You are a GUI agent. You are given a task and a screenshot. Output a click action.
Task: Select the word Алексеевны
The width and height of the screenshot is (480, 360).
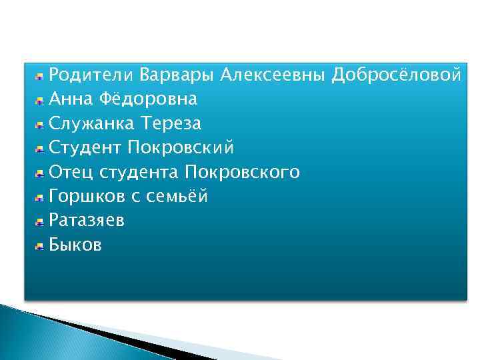pos(273,75)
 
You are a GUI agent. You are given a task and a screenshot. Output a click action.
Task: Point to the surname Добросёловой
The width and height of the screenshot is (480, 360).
pos(397,75)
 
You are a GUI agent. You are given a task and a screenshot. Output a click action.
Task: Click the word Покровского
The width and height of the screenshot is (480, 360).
pos(243,173)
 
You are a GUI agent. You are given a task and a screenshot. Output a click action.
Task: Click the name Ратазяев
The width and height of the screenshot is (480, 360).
pos(87,221)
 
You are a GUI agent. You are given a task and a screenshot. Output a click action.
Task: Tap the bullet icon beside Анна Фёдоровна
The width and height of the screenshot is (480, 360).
pos(40,101)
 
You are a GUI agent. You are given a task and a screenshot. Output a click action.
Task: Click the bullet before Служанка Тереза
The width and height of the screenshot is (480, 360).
pos(40,125)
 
